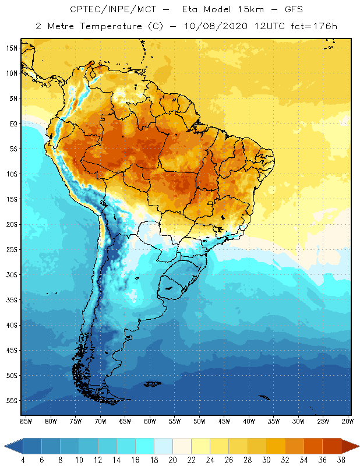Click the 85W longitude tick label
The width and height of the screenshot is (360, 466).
pyautogui.click(x=26, y=421)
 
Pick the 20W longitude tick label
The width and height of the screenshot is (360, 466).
pyautogui.click(x=347, y=421)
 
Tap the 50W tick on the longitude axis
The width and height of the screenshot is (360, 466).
pyautogui.click(x=199, y=421)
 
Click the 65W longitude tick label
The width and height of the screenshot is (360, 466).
pyautogui.click(x=125, y=421)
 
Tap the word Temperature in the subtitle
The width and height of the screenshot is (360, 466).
pyautogui.click(x=108, y=26)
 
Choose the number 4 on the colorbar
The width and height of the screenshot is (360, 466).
pyautogui.click(x=23, y=460)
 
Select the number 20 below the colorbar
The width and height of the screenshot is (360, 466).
pyautogui.click(x=172, y=460)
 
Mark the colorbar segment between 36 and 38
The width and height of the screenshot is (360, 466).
pyautogui.click(x=332, y=446)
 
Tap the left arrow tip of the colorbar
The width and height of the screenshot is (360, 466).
pyautogui.click(x=6, y=446)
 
